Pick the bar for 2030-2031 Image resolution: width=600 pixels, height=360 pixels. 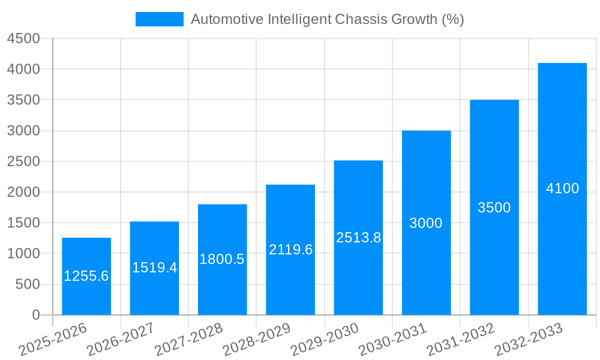(426, 180)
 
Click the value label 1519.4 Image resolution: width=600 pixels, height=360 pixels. (154, 268)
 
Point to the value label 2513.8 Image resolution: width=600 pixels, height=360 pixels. (358, 238)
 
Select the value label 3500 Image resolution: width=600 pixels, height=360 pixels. (494, 208)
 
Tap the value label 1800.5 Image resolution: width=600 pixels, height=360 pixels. (222, 259)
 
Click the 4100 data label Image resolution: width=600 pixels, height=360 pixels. (562, 188)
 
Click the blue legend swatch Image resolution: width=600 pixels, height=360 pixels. (159, 19)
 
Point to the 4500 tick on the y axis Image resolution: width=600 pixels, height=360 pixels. (23, 38)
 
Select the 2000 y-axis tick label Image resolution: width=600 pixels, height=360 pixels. (23, 192)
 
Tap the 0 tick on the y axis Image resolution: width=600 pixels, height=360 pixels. (35, 315)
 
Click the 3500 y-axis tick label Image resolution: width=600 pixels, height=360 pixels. (23, 100)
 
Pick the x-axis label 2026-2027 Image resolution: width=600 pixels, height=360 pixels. (120, 340)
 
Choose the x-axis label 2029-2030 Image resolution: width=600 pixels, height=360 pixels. (324, 340)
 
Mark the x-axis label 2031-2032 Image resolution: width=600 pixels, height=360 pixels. (460, 340)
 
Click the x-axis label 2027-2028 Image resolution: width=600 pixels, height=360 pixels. (188, 340)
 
